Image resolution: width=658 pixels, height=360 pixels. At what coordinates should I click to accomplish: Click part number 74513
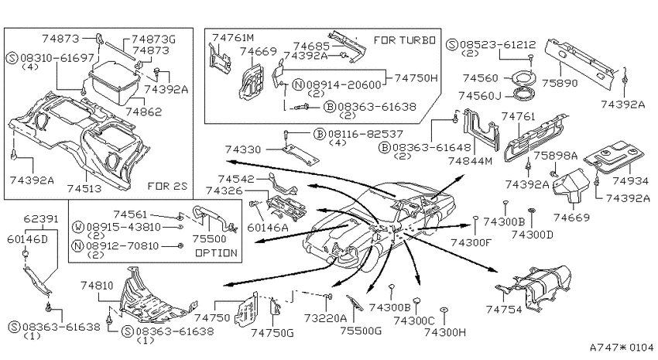pos(84,188)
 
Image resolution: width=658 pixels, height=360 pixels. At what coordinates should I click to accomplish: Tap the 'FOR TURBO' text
pos(405,40)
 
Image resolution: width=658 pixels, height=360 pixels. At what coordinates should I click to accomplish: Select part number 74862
pos(144,111)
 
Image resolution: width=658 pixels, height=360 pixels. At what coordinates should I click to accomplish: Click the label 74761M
pos(233,38)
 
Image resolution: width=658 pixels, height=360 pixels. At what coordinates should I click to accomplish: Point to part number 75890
pos(560,83)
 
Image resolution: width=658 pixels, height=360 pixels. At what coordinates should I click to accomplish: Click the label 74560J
pos(480,96)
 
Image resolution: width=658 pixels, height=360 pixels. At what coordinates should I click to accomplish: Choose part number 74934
pos(630,181)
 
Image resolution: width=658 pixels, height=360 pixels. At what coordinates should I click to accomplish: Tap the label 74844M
pos(470,161)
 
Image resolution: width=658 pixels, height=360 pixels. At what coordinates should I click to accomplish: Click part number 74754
pos(504,310)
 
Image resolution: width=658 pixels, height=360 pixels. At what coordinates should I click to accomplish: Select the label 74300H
pos(445,332)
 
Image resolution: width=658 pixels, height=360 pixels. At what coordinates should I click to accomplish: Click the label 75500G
pos(361,331)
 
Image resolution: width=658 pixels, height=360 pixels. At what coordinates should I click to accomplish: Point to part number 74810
pos(97,286)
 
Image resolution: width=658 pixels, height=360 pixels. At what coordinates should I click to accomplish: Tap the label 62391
pos(41,218)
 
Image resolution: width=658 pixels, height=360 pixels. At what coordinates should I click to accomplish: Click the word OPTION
pos(216,253)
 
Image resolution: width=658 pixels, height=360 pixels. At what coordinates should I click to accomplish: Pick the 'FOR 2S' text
pos(167,186)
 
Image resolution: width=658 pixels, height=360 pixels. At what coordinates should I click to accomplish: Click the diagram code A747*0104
pos(622,348)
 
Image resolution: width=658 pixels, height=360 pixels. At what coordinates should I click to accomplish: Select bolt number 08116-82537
pos(365,134)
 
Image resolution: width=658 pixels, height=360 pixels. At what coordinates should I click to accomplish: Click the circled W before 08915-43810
pos(78,227)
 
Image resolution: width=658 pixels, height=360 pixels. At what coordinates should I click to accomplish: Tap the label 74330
pos(242,149)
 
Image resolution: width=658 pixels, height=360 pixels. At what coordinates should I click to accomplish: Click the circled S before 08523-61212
pos(451,44)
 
